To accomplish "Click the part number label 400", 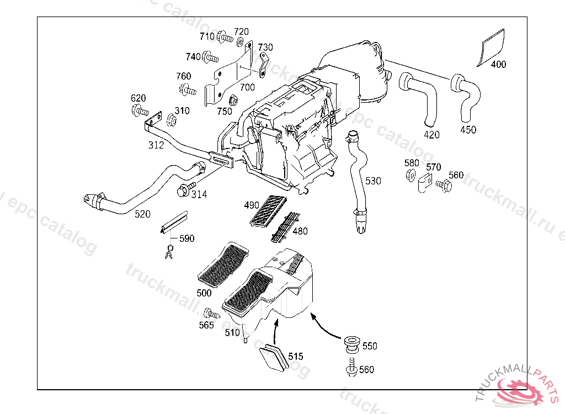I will pyautogui.click(x=498, y=65).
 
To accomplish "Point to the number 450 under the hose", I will pyautogui.click(x=468, y=130).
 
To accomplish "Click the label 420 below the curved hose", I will pyautogui.click(x=432, y=135).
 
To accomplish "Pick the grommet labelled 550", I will pyautogui.click(x=350, y=342).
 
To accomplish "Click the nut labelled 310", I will pyautogui.click(x=171, y=120).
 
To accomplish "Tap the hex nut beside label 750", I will pyautogui.click(x=233, y=101).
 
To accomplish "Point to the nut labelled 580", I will pyautogui.click(x=410, y=176).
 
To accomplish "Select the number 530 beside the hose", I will pyautogui.click(x=373, y=181).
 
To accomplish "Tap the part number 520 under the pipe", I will pyautogui.click(x=142, y=214).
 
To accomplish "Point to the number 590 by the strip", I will pyautogui.click(x=186, y=239).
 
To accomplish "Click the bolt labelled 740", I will pyautogui.click(x=210, y=57).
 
